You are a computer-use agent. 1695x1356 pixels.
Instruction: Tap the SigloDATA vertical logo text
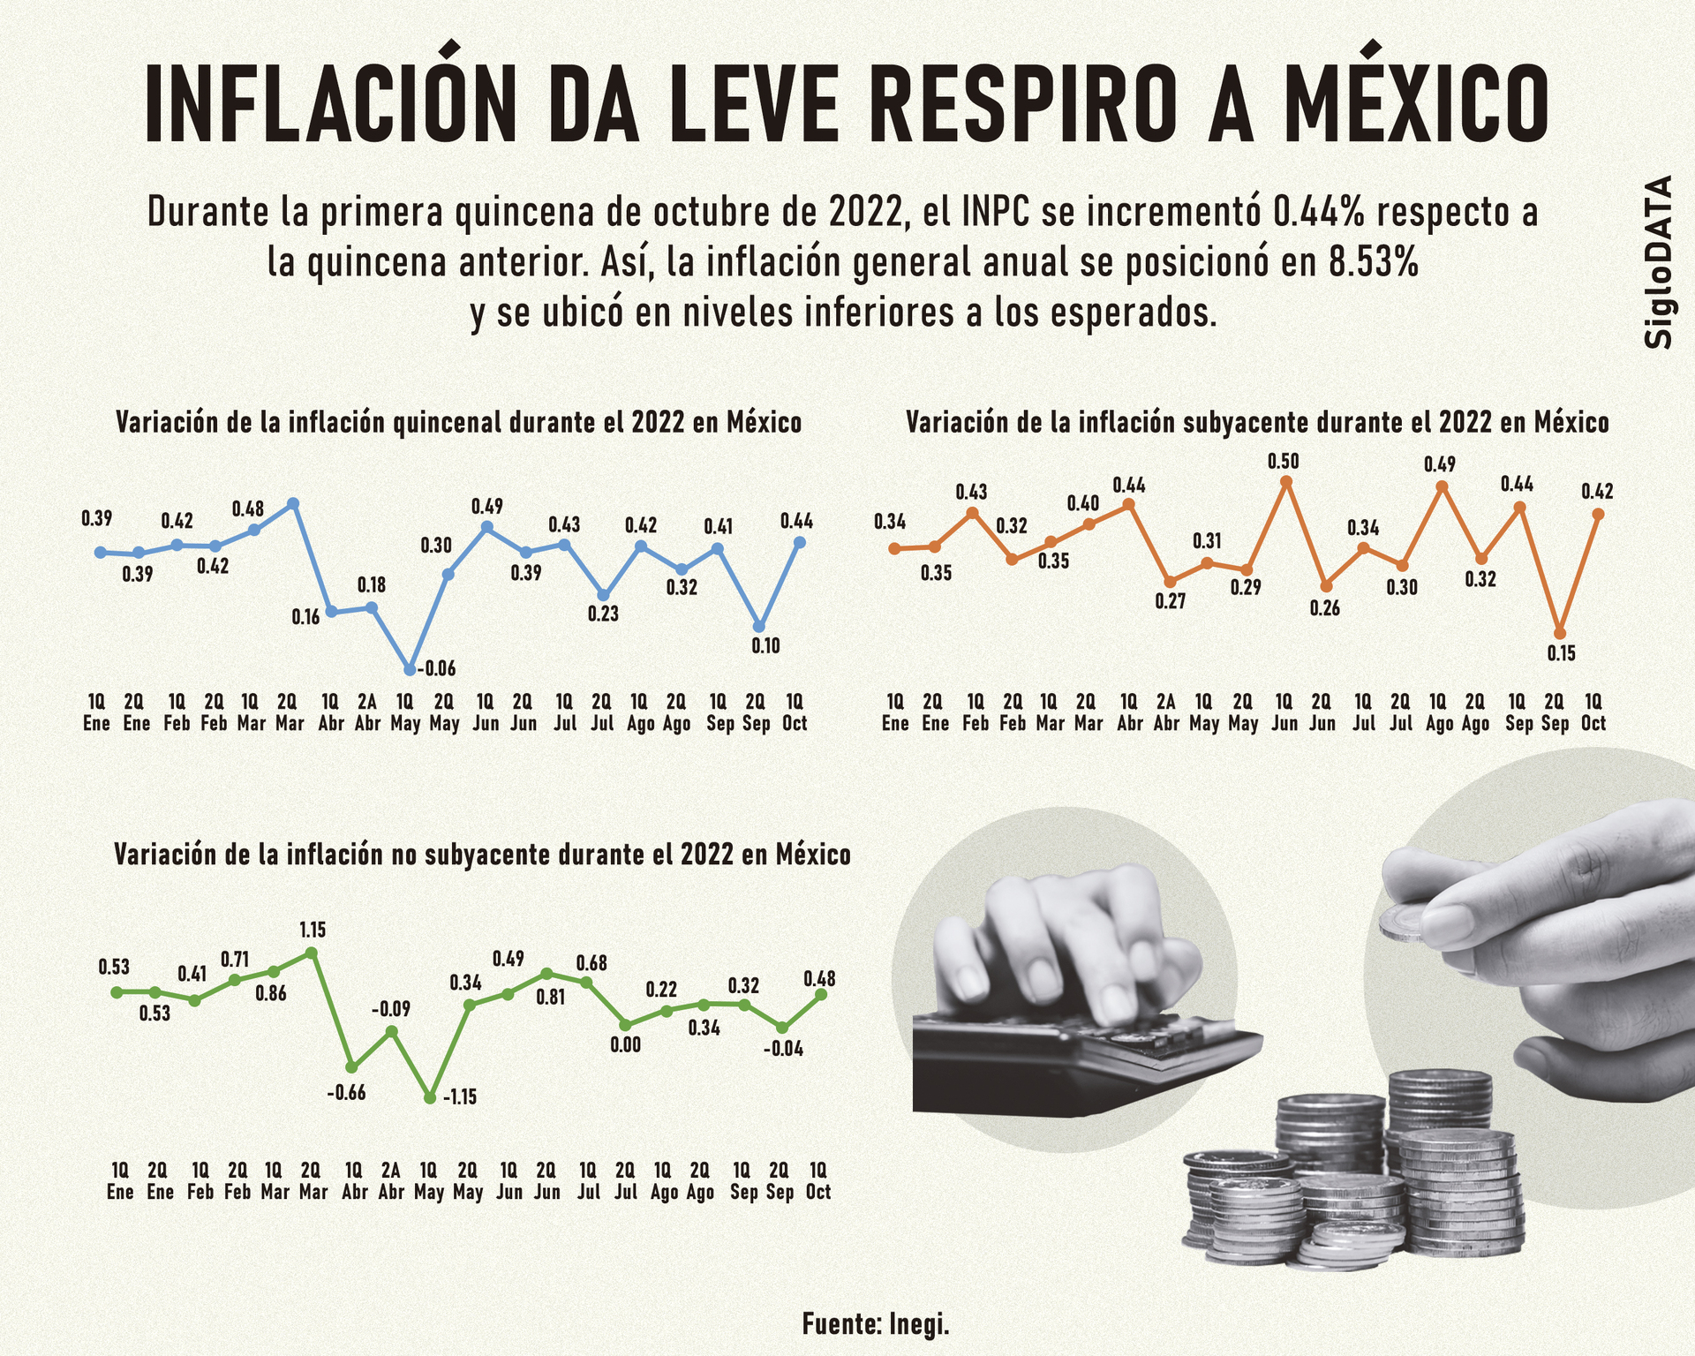tap(1660, 261)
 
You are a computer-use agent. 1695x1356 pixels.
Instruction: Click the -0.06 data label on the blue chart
tap(436, 668)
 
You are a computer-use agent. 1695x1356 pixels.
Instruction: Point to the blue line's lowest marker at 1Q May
tap(410, 669)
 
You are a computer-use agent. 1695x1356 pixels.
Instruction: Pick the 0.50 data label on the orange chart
tap(1283, 461)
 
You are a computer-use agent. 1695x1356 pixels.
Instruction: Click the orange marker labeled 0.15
tap(1560, 633)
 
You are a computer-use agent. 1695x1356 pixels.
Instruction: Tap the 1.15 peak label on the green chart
tap(313, 930)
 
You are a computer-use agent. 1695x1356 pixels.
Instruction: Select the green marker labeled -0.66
tap(351, 1066)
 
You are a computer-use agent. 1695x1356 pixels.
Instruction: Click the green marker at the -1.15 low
tap(430, 1097)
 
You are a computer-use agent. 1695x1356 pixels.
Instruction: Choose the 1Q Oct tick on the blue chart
tap(795, 712)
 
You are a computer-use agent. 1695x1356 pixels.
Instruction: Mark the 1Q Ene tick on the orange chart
tap(895, 712)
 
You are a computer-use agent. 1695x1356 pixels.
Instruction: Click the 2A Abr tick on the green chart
tap(390, 1180)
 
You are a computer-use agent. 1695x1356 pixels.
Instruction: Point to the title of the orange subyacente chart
tap(1257, 423)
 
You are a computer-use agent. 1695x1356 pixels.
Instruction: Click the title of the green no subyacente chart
tap(482, 855)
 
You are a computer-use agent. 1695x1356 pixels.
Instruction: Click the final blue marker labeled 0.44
tap(800, 542)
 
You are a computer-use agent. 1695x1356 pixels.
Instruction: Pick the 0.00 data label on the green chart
tap(625, 1045)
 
